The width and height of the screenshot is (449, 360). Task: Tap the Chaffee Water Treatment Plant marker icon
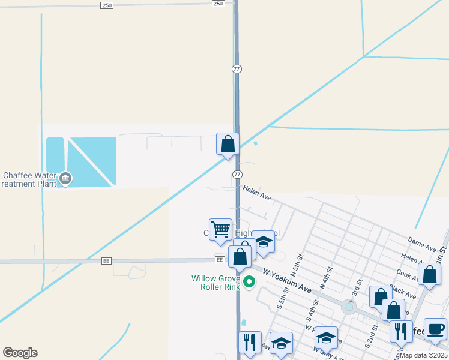[65, 178]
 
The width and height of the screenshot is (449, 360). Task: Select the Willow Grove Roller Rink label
[215, 283]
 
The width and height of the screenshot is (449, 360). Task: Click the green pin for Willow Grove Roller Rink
[250, 281]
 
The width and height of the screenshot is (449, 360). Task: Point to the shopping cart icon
[221, 229]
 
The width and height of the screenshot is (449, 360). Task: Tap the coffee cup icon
[435, 329]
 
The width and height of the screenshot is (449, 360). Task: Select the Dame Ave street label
[422, 243]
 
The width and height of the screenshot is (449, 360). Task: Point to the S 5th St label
[280, 298]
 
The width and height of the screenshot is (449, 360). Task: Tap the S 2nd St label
[370, 340]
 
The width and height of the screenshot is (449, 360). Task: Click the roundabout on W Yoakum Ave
[349, 307]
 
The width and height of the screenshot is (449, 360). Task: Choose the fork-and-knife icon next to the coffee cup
[401, 331]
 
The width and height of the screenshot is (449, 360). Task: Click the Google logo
[20, 353]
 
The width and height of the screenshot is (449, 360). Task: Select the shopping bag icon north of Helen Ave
[228, 143]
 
